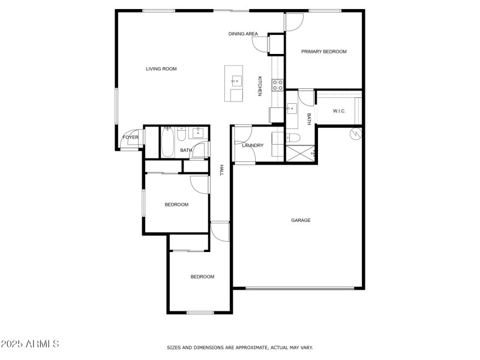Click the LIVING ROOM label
(x=161, y=69)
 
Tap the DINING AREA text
(x=243, y=34)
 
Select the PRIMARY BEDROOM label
(x=324, y=52)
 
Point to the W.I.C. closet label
(x=339, y=111)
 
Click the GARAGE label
(x=301, y=220)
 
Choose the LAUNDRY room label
(x=253, y=145)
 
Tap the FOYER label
(x=130, y=137)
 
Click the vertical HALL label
(x=221, y=170)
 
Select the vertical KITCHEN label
(x=260, y=86)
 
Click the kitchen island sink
(x=235, y=79)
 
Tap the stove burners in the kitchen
(x=278, y=85)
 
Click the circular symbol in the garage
(x=355, y=134)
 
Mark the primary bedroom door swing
(x=294, y=23)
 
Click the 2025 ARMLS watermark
(x=30, y=344)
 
